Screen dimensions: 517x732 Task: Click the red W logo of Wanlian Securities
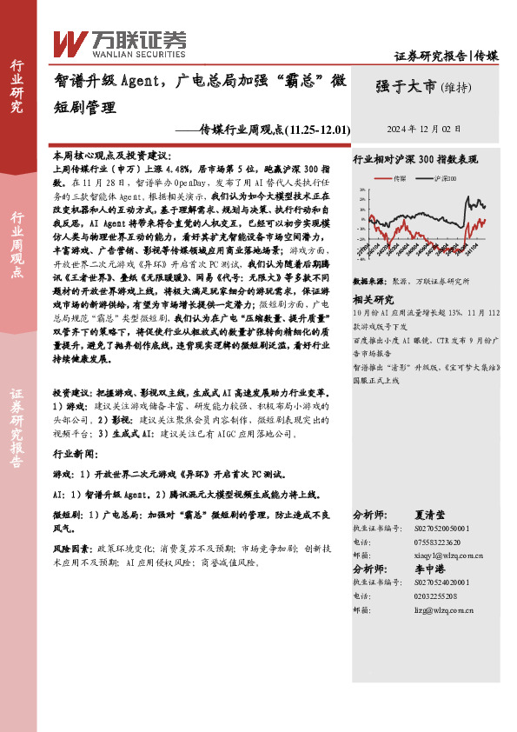coord(70,42)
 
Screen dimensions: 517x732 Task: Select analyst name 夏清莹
coord(434,516)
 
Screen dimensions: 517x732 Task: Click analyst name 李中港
coord(434,568)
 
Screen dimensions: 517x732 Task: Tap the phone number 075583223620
coord(432,541)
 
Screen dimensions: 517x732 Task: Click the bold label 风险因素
coord(72,549)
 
